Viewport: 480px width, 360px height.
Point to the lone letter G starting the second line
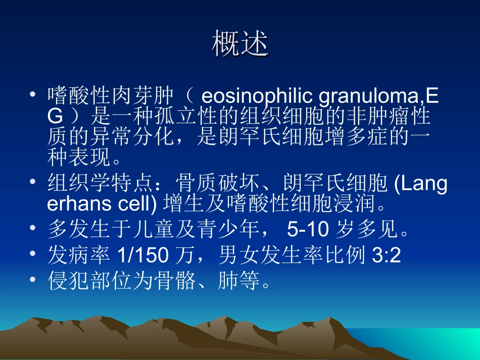pos(55,117)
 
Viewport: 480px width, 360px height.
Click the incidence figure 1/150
pos(142,256)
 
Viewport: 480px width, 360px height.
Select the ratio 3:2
pos(386,256)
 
